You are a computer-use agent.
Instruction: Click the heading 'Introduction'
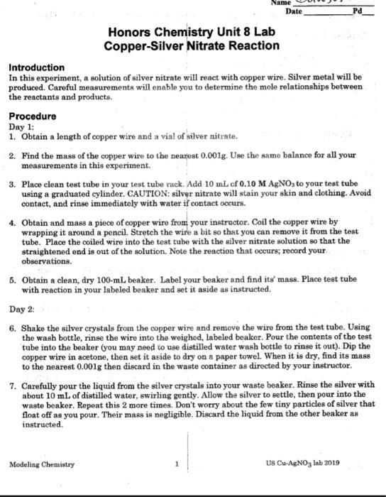(36, 67)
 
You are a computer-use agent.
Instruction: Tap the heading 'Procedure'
(32, 116)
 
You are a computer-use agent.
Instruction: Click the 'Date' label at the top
(293, 12)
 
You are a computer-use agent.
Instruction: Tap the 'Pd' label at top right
(358, 12)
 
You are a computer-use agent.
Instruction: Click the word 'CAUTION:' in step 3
(148, 192)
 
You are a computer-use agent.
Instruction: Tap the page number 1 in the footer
(176, 464)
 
